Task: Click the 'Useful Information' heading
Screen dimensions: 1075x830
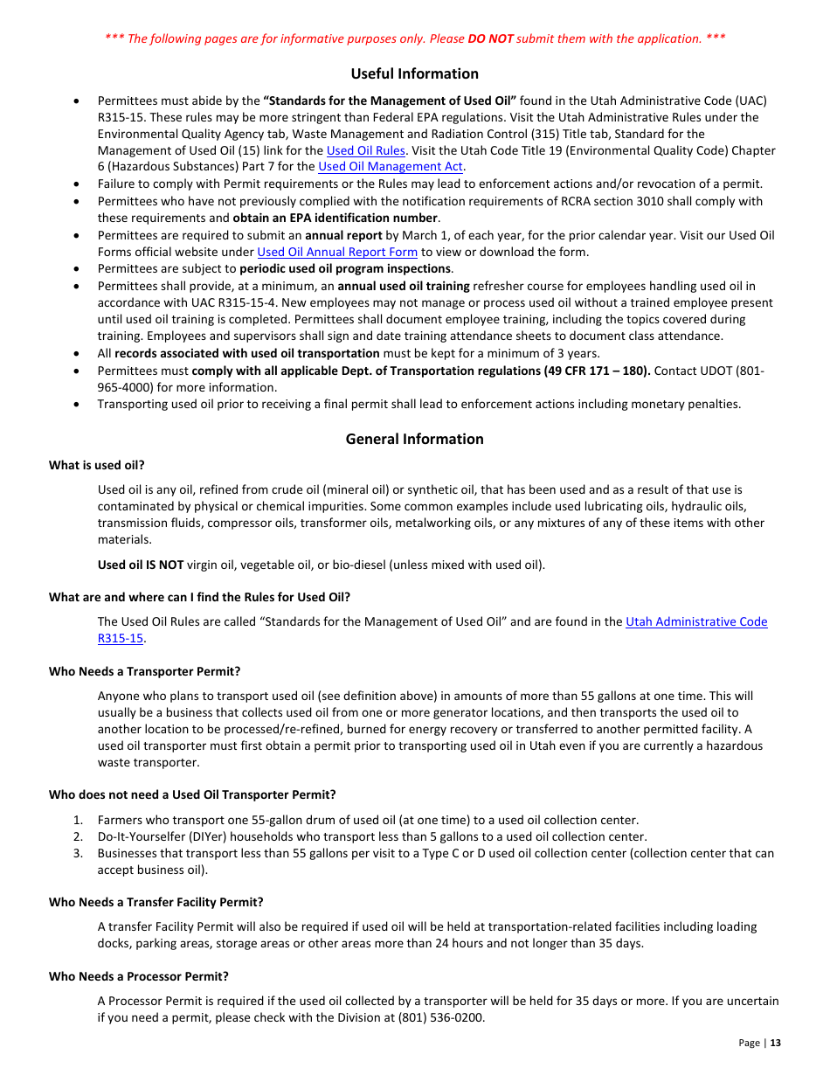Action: coord(414,73)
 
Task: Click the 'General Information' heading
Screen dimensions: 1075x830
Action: coord(414,439)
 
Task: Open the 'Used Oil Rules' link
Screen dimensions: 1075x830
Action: coord(365,150)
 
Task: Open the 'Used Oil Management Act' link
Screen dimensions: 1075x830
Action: coord(390,167)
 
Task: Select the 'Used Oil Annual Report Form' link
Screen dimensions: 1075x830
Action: coord(336,252)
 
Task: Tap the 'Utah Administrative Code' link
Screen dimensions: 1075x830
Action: coord(696,621)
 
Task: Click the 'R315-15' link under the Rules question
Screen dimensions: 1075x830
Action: coord(120,638)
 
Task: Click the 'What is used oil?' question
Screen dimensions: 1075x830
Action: coord(96,465)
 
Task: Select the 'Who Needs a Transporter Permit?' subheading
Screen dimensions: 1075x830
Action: coord(144,671)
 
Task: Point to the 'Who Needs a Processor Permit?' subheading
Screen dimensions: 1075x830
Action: coord(138,976)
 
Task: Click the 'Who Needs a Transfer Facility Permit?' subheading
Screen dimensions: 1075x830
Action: coord(156,902)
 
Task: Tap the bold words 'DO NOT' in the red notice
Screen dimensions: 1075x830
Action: coord(490,38)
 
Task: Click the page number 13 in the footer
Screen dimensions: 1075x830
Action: coord(775,1043)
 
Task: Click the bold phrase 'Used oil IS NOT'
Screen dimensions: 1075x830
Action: coord(140,565)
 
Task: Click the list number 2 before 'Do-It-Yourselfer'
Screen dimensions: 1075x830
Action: coord(78,836)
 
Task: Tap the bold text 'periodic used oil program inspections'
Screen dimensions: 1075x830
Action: coord(345,268)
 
